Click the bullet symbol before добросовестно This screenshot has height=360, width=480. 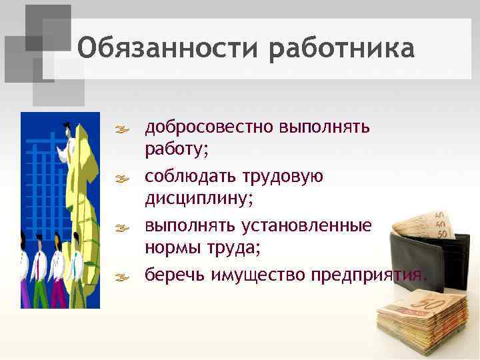(x=124, y=127)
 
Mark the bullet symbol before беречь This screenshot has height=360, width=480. (x=124, y=275)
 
